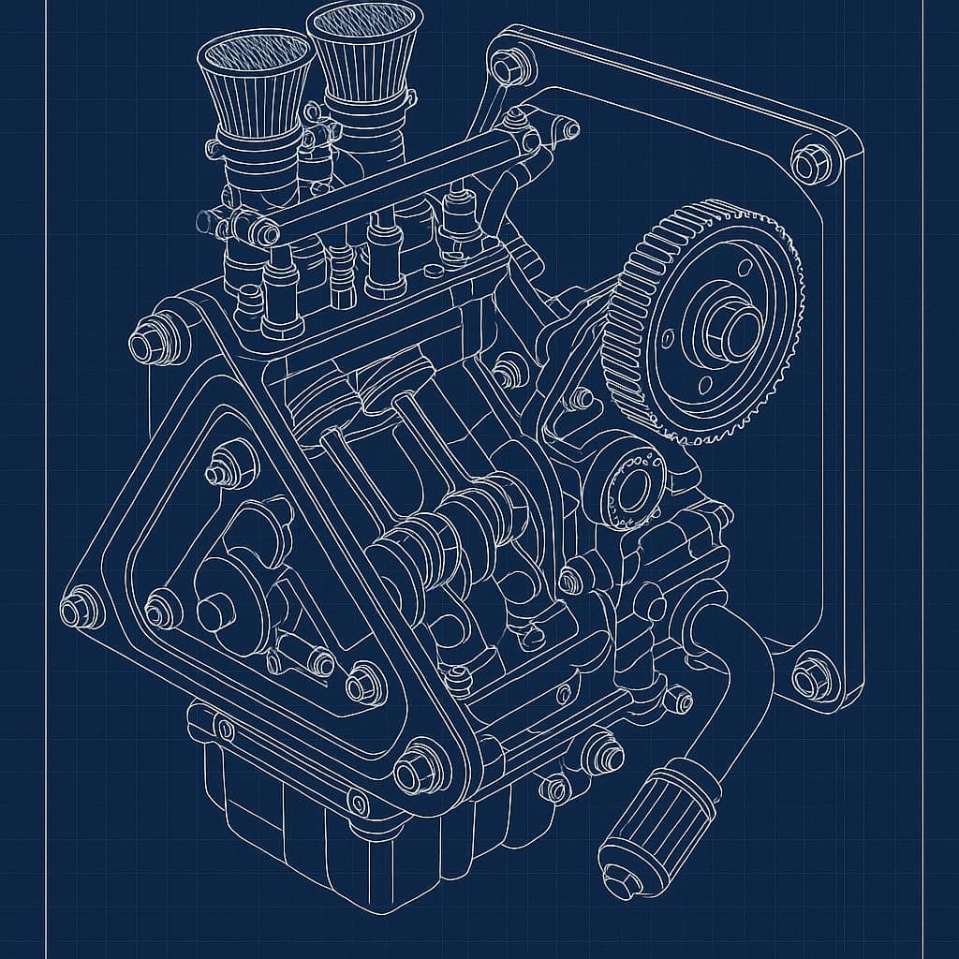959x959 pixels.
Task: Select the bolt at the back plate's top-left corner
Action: pyautogui.click(x=508, y=68)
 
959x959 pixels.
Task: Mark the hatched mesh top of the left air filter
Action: pyautogui.click(x=255, y=55)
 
